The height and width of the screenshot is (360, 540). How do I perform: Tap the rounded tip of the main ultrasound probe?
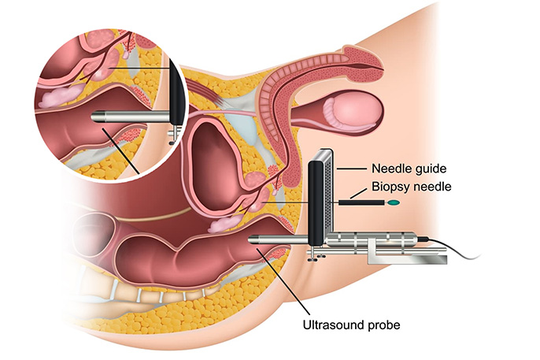tap(252, 239)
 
